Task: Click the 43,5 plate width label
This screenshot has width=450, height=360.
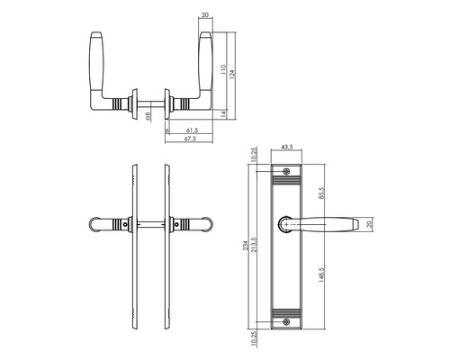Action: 288,147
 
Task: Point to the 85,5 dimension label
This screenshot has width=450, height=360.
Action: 322,192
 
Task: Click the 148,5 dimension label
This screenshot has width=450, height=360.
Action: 322,271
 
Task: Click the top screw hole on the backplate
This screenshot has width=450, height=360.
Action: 288,172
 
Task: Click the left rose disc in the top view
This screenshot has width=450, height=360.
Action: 134,105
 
